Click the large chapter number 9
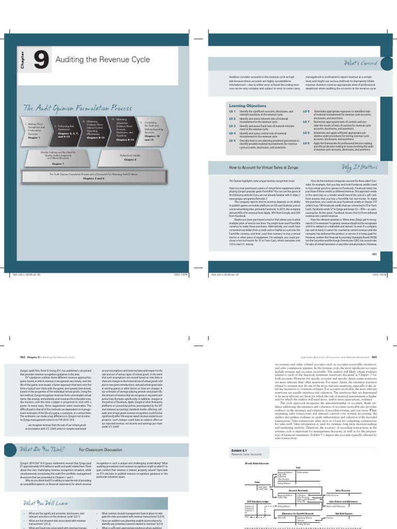click(x=41, y=61)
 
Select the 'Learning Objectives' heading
click(x=246, y=105)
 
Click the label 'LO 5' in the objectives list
click(x=232, y=141)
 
